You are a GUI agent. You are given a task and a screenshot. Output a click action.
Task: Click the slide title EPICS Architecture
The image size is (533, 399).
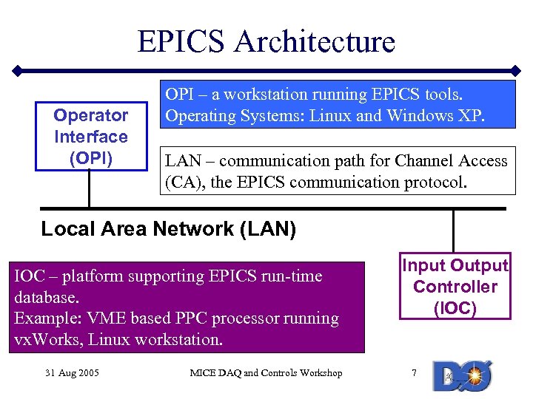click(266, 41)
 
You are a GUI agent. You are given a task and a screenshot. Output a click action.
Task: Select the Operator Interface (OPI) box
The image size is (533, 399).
click(90, 137)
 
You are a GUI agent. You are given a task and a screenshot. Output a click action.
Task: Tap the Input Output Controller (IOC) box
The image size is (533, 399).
click(455, 287)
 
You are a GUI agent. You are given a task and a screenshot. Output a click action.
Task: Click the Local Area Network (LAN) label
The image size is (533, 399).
click(168, 230)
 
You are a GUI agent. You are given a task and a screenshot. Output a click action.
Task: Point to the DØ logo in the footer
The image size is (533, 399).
click(459, 376)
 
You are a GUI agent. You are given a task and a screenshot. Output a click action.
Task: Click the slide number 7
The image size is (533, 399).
click(414, 373)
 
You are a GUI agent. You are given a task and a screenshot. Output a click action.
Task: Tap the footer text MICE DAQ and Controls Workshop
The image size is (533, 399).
click(266, 373)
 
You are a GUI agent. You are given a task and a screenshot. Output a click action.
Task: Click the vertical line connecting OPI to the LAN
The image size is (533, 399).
click(89, 189)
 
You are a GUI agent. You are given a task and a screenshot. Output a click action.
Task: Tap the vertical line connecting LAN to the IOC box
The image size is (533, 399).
click(453, 231)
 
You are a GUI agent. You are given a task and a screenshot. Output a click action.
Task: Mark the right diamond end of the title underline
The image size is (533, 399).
click(517, 71)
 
